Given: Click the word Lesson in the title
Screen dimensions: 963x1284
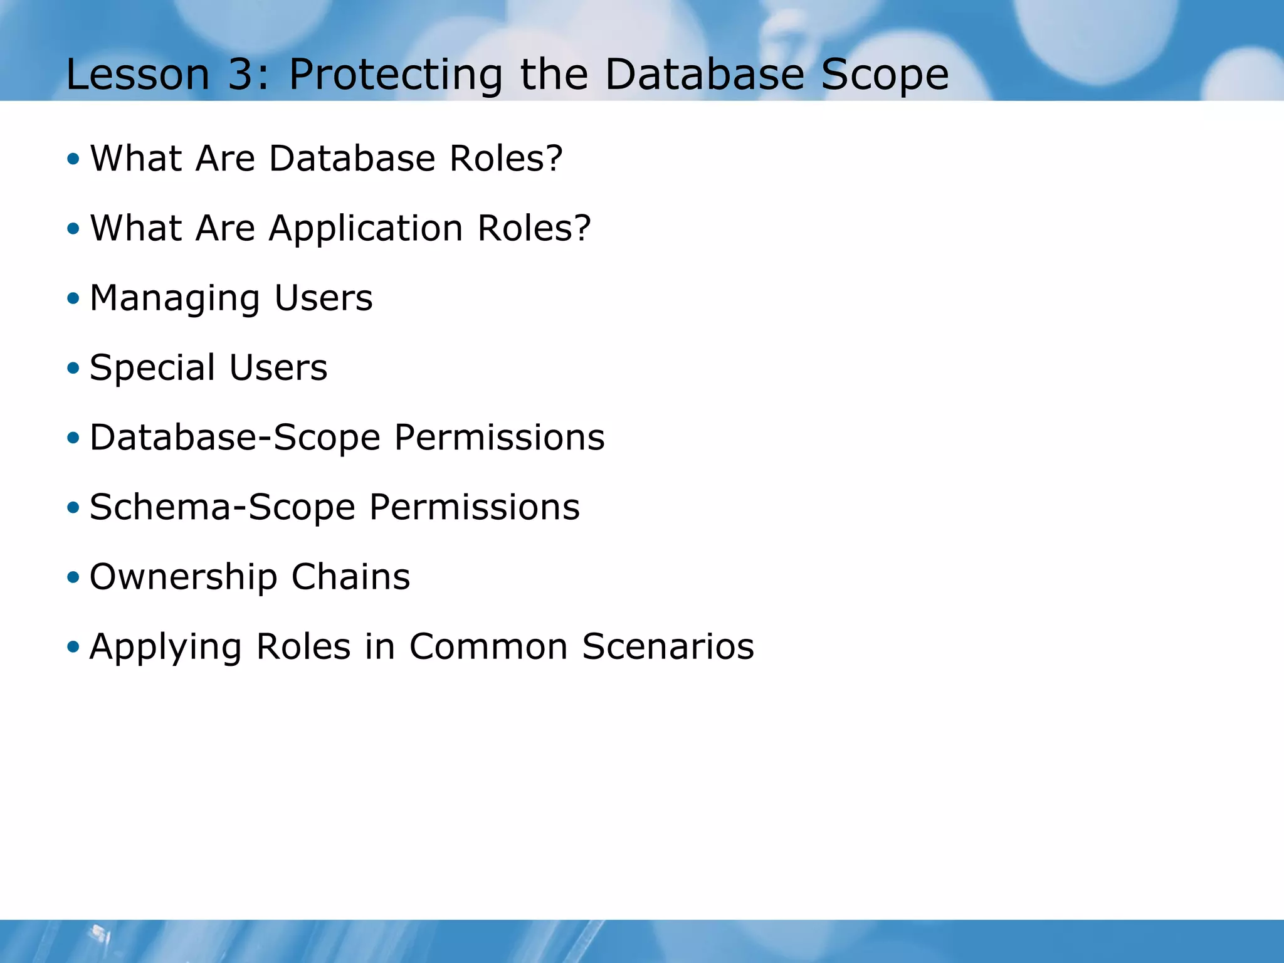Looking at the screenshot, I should tap(137, 75).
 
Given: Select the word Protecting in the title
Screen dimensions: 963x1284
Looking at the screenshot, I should tap(395, 75).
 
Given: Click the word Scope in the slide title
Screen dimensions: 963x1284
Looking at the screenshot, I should tap(885, 75).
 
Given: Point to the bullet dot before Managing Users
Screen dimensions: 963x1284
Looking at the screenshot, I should tap(73, 298).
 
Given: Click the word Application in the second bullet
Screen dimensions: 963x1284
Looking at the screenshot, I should tap(366, 228).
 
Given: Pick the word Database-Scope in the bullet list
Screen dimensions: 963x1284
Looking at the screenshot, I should tap(235, 437).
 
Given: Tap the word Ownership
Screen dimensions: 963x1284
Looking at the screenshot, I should tap(183, 577).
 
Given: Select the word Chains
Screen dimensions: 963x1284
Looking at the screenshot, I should tap(350, 577).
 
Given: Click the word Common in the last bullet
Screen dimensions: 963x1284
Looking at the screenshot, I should tap(488, 646).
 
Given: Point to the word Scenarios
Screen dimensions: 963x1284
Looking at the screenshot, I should tap(668, 646).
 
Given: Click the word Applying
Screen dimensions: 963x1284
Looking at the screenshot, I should tap(166, 646).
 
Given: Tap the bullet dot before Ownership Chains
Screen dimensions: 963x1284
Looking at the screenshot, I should tap(73, 577).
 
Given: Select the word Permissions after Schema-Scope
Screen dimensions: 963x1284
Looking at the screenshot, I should tap(474, 507).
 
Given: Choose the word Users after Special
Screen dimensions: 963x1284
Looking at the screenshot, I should tap(278, 367).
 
